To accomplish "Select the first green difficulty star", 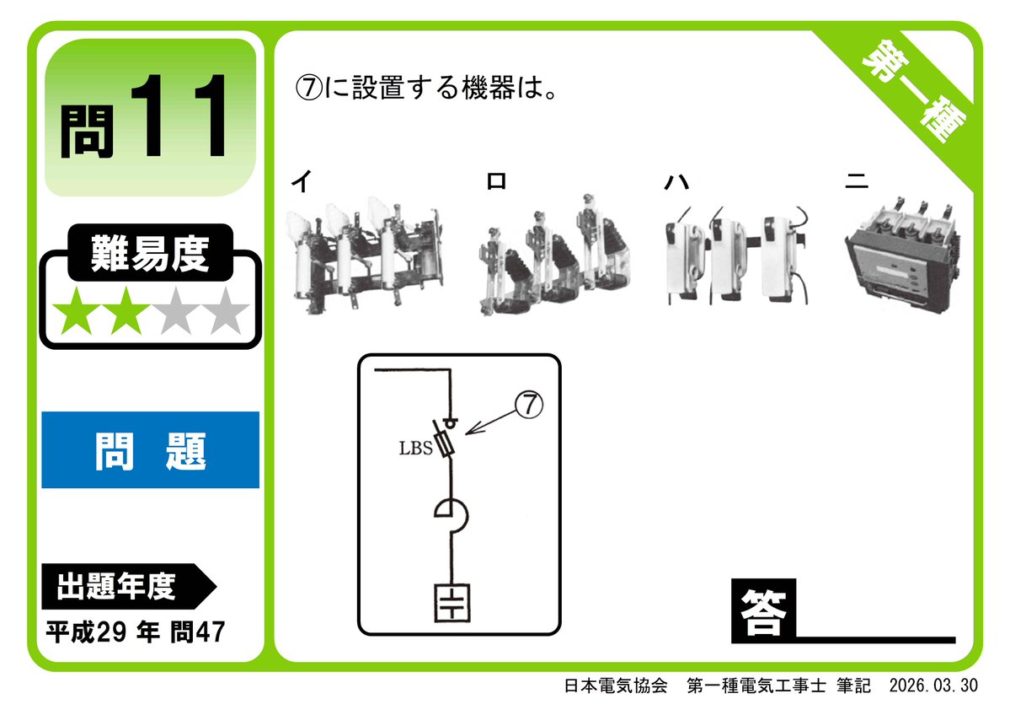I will [x=73, y=312].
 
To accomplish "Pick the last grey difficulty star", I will [x=225, y=312].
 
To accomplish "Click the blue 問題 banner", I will [x=150, y=449].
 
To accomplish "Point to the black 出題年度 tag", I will [x=118, y=586].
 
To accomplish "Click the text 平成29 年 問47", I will [x=136, y=632].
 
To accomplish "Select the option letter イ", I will [x=301, y=181].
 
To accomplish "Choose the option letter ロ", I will [x=496, y=181].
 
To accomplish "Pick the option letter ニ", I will [x=858, y=181].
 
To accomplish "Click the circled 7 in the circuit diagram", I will [x=529, y=406].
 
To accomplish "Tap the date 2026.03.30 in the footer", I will [x=933, y=685].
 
